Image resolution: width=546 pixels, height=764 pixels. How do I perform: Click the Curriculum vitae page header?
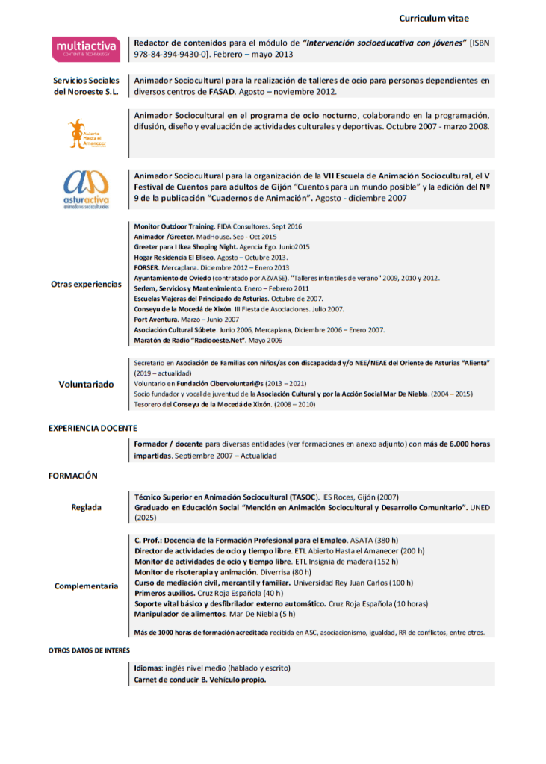[x=434, y=18]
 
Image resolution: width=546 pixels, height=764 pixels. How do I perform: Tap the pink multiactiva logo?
[x=86, y=48]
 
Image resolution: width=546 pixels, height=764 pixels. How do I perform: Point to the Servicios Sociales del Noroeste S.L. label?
[x=86, y=86]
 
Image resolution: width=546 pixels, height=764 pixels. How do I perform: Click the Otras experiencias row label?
[x=86, y=284]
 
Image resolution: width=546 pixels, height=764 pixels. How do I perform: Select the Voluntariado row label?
[x=86, y=384]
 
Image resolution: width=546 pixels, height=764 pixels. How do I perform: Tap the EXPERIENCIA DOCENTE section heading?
[x=93, y=429]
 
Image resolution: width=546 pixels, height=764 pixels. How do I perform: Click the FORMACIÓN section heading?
[x=73, y=476]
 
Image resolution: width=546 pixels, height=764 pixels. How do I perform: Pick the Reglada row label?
[x=86, y=507]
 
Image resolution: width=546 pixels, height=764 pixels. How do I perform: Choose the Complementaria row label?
[x=86, y=586]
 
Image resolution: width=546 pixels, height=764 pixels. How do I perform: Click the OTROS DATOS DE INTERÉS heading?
[x=89, y=650]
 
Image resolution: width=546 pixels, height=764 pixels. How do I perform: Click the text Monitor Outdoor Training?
[x=173, y=226]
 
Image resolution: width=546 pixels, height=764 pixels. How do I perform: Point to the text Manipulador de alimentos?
[x=179, y=614]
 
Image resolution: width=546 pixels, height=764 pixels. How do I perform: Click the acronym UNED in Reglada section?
[x=480, y=507]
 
